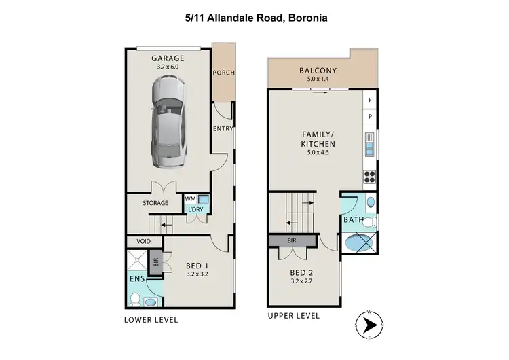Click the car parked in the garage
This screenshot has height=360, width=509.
click(168, 122)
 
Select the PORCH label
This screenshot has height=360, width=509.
click(223, 73)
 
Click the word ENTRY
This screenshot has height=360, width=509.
click(223, 129)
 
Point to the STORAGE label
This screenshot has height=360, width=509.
click(155, 203)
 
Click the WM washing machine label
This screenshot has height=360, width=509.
click(191, 199)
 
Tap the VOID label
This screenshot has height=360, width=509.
click(143, 241)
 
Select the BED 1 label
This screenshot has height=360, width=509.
click(197, 266)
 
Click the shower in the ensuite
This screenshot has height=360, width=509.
click(137, 260)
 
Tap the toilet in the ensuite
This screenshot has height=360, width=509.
click(136, 299)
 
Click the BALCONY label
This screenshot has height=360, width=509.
click(318, 71)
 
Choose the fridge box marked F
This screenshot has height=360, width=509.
click(370, 101)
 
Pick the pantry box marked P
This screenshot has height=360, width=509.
click(370, 117)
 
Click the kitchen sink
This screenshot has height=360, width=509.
click(370, 144)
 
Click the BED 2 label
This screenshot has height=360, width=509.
click(302, 272)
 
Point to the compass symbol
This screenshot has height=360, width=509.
click(367, 326)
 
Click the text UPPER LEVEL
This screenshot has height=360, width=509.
click(293, 317)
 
